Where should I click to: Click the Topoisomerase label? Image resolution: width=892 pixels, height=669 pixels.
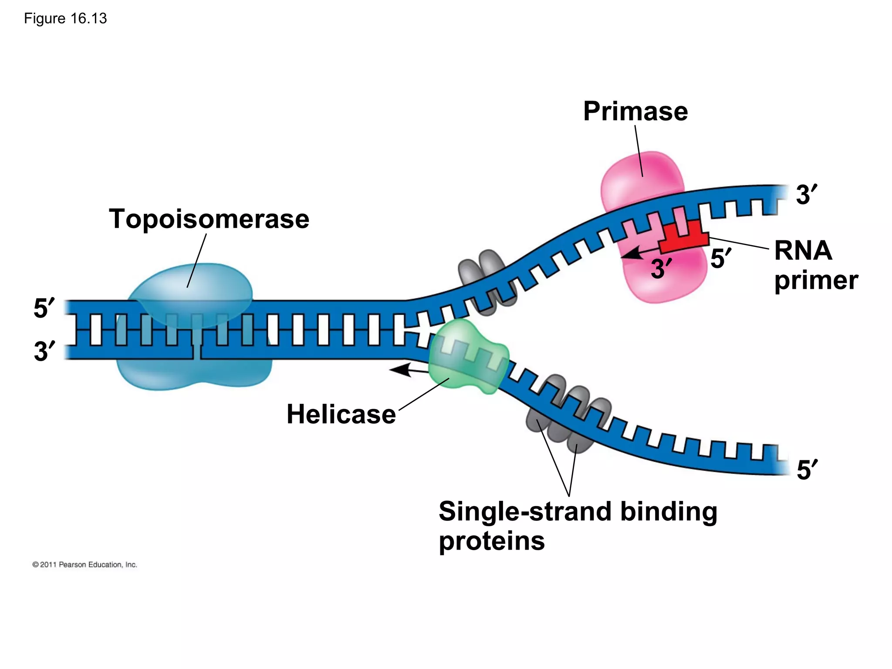(209, 219)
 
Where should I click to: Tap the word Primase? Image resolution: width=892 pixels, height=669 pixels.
(635, 111)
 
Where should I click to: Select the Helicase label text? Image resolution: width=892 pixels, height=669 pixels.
(341, 414)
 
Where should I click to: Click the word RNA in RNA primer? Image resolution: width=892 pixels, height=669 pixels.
(803, 251)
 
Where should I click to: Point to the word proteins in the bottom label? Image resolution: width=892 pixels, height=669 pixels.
(491, 541)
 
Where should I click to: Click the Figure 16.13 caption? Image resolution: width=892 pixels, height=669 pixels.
(65, 19)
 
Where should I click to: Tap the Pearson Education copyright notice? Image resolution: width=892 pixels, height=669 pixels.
(85, 564)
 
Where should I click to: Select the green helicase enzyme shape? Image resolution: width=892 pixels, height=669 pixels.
(468, 357)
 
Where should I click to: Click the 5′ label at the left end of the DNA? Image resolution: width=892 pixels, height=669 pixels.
(44, 308)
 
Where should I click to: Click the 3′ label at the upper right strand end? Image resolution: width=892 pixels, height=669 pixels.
(806, 194)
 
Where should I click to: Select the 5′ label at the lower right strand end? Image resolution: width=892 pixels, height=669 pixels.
(807, 470)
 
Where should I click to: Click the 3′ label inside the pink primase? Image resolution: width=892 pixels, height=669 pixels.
(661, 268)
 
